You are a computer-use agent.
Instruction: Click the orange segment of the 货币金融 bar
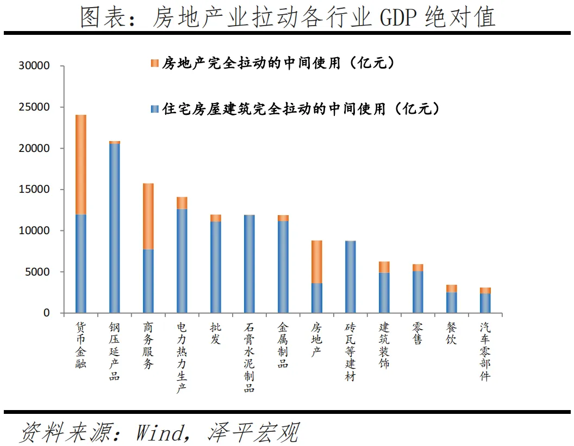coord(80,164)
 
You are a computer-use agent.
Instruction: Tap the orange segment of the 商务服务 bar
coord(148,216)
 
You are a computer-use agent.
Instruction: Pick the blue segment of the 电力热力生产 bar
coord(182,260)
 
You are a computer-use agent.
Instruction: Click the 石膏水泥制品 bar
coord(249,264)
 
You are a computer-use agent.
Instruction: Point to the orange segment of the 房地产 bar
coord(317,261)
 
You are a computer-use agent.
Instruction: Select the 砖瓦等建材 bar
coord(351,277)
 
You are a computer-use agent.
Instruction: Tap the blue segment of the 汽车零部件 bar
coord(485,303)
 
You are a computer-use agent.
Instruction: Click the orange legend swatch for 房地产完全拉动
coord(155,63)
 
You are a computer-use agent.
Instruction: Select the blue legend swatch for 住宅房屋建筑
coord(155,109)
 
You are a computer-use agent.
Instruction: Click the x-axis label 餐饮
coord(452,334)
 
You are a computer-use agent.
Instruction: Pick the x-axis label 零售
coord(418,334)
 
